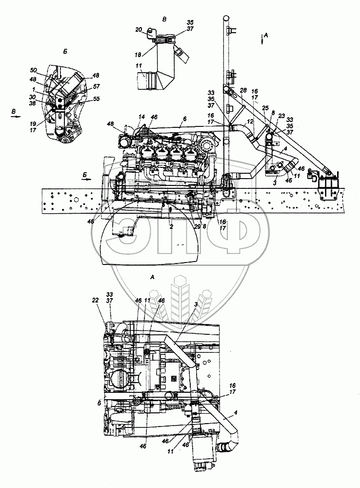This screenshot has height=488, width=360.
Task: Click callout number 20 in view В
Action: pos(139,30)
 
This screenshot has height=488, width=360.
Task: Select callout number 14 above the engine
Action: pos(141,117)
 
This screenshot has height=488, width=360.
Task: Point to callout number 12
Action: pos(249,121)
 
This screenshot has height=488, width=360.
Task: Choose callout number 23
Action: pos(281,116)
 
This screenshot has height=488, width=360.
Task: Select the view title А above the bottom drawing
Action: pos(153,277)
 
